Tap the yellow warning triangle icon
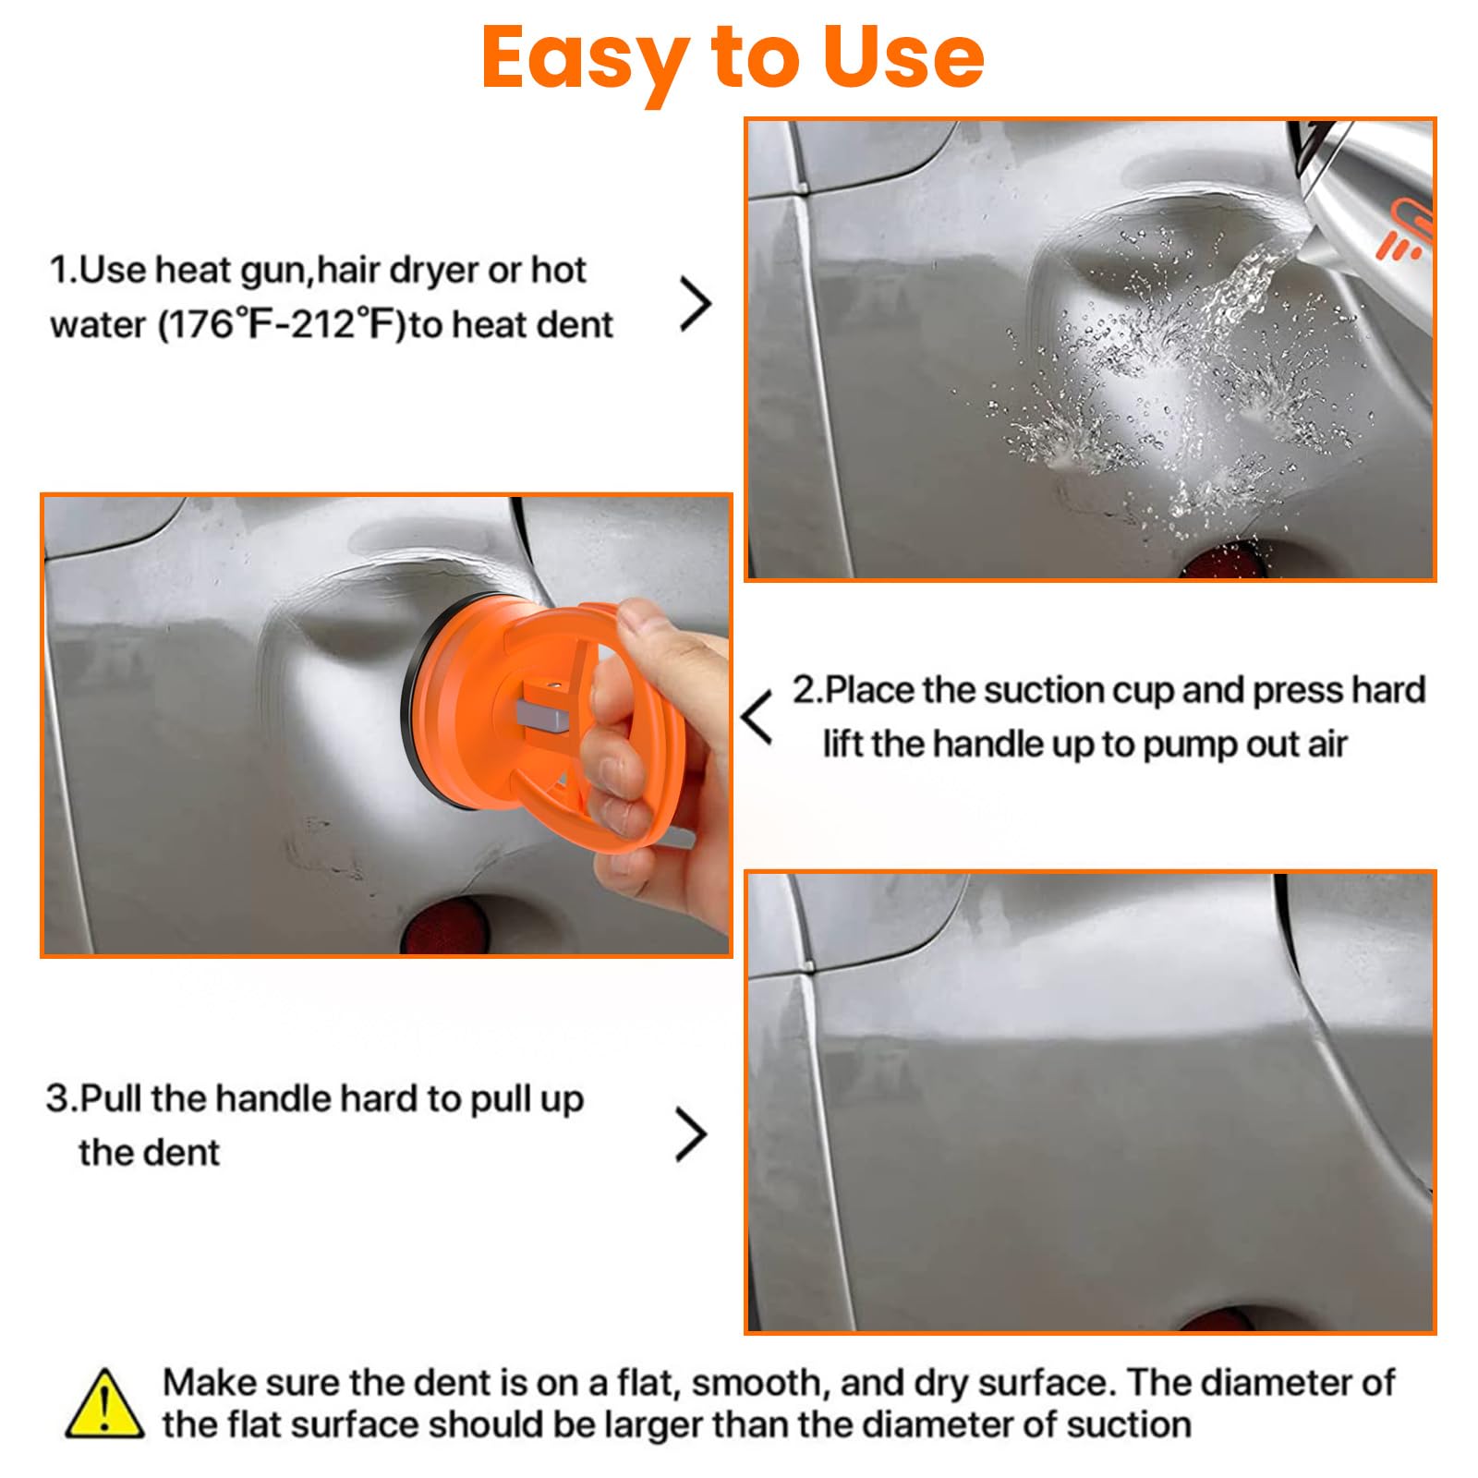tap(104, 1405)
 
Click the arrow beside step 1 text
tap(696, 304)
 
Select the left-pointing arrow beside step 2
tap(757, 717)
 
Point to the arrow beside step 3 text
tap(691, 1134)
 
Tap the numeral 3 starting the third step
tap(57, 1099)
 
